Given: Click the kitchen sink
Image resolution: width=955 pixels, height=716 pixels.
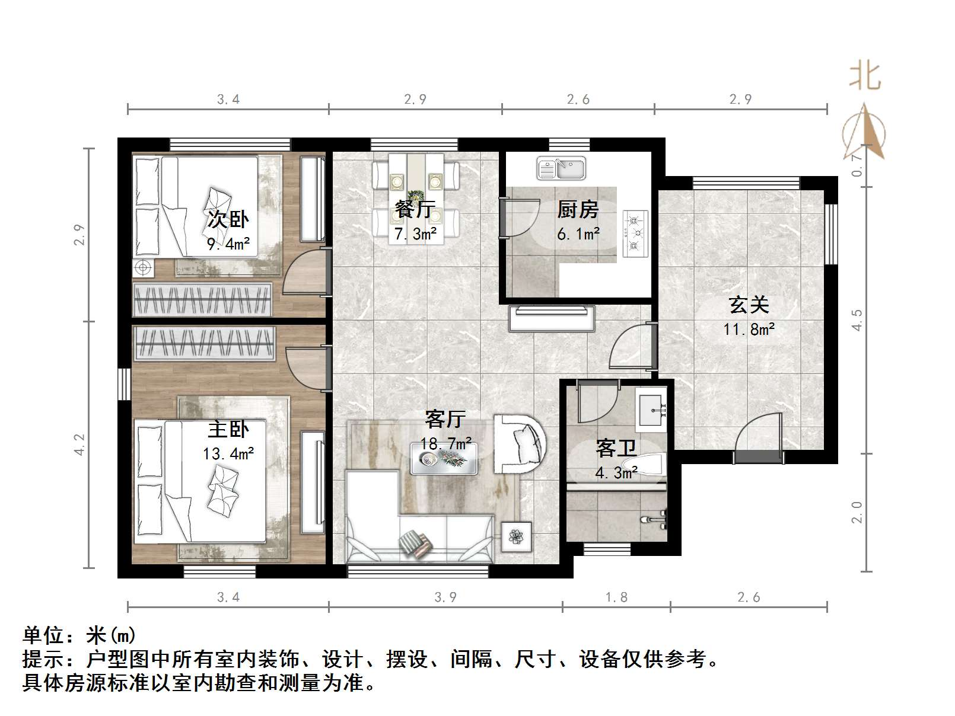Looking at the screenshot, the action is click(561, 168).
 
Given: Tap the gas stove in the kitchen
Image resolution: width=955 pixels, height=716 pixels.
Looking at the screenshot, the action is click(635, 234).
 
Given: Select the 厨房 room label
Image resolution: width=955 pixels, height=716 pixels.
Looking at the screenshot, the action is click(578, 210).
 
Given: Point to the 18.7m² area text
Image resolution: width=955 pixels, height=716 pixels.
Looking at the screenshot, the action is click(445, 443).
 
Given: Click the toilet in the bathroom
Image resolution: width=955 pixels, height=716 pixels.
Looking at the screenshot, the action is click(645, 464).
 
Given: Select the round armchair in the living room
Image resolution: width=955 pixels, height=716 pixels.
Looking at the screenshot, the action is click(520, 444).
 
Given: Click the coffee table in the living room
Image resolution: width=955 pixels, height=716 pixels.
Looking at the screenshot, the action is click(444, 458).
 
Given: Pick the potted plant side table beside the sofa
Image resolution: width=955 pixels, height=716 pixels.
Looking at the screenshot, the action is click(517, 536).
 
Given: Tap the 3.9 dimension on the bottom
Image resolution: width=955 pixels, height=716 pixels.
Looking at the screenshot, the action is click(445, 597).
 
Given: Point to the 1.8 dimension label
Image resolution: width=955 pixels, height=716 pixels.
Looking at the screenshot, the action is click(616, 597).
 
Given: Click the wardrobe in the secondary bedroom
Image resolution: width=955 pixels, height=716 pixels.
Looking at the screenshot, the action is click(202, 299).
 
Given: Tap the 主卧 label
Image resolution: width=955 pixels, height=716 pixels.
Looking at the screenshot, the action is click(228, 429).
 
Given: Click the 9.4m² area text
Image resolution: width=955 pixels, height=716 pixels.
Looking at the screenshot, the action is click(228, 244).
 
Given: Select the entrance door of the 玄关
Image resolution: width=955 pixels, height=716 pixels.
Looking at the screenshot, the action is click(759, 457).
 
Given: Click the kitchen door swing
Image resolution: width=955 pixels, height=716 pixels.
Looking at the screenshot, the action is click(521, 218).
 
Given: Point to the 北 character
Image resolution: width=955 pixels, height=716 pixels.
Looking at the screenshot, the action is click(865, 77).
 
